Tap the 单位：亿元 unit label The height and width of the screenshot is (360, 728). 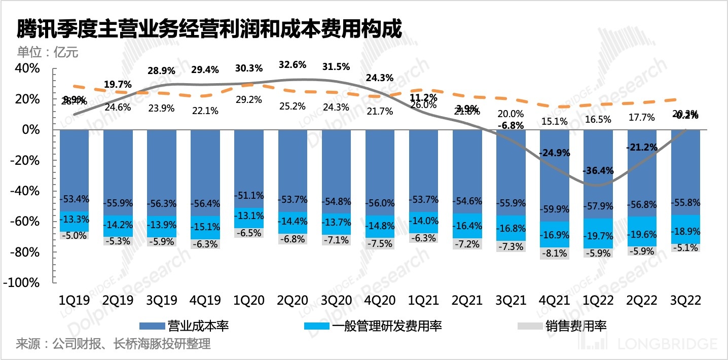tap(48, 53)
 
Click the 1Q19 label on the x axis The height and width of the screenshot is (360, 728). tap(74, 301)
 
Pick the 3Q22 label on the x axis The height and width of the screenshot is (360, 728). tap(685, 301)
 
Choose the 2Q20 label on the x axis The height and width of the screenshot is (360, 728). tap(293, 301)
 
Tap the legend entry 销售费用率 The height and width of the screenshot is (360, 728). tap(576, 326)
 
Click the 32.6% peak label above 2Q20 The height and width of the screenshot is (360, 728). tap(293, 65)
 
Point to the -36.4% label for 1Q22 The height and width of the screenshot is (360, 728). tap(598, 170)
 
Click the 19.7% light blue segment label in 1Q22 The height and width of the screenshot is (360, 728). tap(598, 232)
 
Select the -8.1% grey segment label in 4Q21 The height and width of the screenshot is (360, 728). tap(554, 252)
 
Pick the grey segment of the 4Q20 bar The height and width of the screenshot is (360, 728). tap(380, 243)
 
